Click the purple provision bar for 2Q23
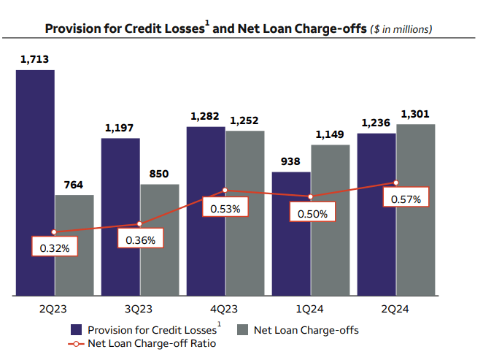35,183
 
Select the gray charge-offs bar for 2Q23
74,245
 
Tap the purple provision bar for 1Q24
291,234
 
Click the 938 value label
291,163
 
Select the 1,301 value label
415,114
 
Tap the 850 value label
159,174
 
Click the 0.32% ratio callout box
55,248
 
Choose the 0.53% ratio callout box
225,209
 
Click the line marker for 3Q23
139,224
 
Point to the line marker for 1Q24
310,196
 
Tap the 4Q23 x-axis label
225,309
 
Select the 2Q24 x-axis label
395,309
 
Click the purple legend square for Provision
77,330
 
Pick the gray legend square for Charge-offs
244,330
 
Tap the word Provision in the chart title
72,29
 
